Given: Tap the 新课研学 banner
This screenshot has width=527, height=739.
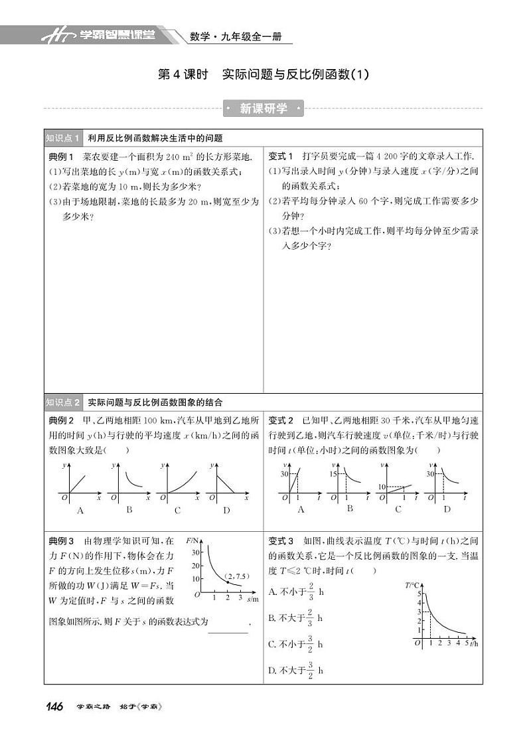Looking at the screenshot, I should click(263, 109).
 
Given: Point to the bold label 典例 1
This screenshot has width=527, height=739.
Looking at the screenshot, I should click(62, 157).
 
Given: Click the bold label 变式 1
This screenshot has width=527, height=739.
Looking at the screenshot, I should click(281, 157).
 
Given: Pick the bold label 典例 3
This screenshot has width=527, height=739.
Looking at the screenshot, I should click(62, 541).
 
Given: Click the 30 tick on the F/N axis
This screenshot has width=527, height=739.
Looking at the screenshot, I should click(194, 551).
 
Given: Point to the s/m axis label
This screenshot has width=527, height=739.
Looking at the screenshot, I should click(252, 599).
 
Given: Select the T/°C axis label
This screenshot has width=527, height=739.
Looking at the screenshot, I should click(412, 585).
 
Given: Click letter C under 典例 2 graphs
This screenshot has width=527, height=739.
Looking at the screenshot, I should click(177, 511).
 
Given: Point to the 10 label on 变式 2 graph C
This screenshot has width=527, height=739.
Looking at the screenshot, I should click(382, 487).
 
